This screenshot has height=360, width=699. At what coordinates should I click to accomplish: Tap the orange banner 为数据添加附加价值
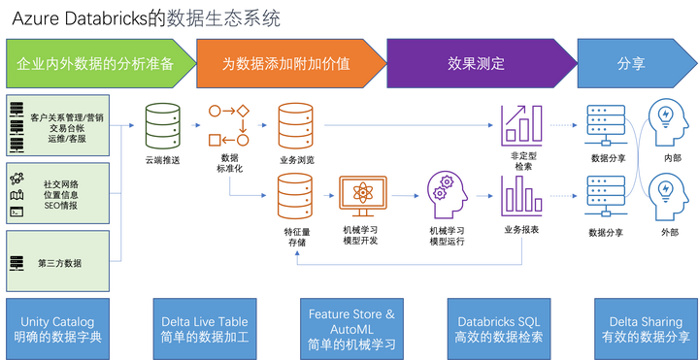pos(285,64)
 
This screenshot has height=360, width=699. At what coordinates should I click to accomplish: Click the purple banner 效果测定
pos(476,64)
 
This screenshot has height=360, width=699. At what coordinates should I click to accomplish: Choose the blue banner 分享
pos(631,64)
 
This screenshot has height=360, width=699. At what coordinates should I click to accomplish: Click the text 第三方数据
pos(60,263)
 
